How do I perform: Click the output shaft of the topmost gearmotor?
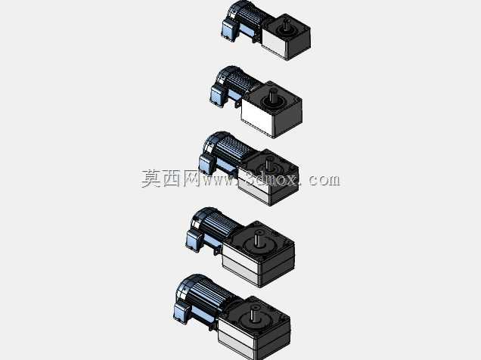287,25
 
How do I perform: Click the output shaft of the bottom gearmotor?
254,315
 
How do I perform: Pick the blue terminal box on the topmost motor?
228,30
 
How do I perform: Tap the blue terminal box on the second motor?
218,95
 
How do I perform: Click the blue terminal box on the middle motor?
206,164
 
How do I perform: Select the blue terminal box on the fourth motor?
194,240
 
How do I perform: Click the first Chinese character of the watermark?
151,178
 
